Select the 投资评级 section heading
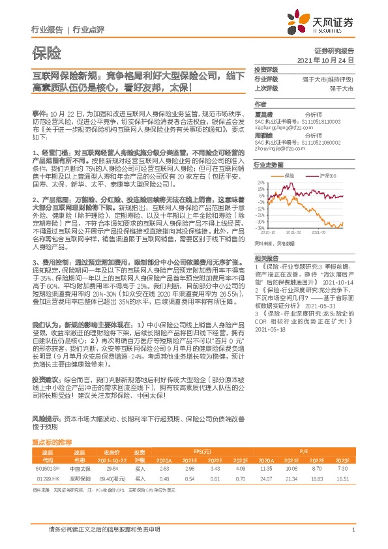tap(266, 69)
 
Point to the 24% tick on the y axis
tap(260, 183)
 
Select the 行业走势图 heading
tap(268, 166)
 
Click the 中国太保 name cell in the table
tap(79, 468)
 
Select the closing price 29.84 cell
tap(112, 468)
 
